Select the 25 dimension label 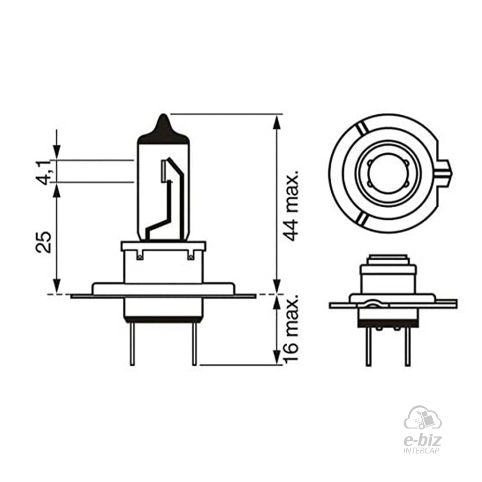tap(44, 242)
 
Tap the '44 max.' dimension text tap(291, 205)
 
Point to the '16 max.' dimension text tap(291, 329)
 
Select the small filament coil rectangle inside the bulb tap(163, 171)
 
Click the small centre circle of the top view tap(388, 174)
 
